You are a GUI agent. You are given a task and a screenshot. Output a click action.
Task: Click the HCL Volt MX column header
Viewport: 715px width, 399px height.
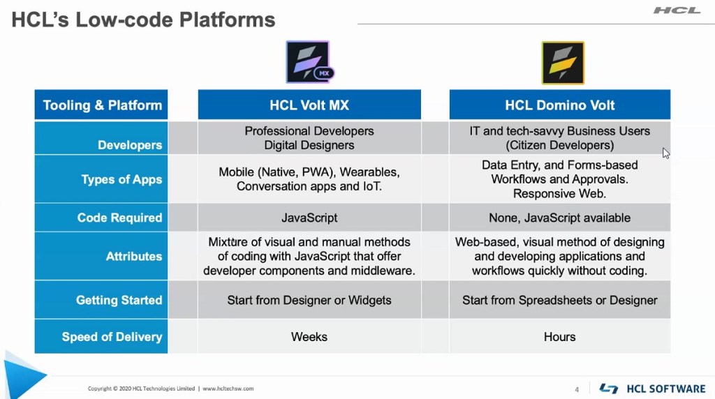pos(309,105)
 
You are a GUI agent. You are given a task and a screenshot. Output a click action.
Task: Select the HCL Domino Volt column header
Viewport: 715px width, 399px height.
pos(559,105)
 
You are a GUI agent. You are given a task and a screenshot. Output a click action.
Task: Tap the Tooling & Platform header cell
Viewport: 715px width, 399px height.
pos(101,105)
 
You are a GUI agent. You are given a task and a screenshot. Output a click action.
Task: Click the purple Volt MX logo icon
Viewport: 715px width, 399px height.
pos(309,62)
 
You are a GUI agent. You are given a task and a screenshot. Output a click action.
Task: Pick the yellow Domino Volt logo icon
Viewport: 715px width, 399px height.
pos(563,63)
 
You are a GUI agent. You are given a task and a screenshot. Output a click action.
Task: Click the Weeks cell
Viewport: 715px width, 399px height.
pos(309,337)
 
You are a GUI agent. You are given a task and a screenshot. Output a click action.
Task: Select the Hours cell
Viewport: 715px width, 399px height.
pos(559,337)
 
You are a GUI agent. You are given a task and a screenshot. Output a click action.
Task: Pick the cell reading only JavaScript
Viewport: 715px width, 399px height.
pos(309,218)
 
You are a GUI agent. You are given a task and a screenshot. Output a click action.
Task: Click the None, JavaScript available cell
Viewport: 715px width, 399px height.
pos(559,218)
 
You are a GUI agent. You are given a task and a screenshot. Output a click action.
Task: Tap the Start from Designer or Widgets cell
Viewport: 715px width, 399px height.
pos(309,300)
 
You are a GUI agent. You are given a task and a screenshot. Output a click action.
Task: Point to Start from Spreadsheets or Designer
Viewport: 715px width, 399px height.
pos(559,300)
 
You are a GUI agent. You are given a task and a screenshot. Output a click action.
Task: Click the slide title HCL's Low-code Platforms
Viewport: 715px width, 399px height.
pos(143,20)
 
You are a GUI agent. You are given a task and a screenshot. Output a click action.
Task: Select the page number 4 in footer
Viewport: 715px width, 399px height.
pos(577,389)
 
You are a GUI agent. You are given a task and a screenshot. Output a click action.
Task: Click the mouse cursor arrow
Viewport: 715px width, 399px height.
pos(665,153)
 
